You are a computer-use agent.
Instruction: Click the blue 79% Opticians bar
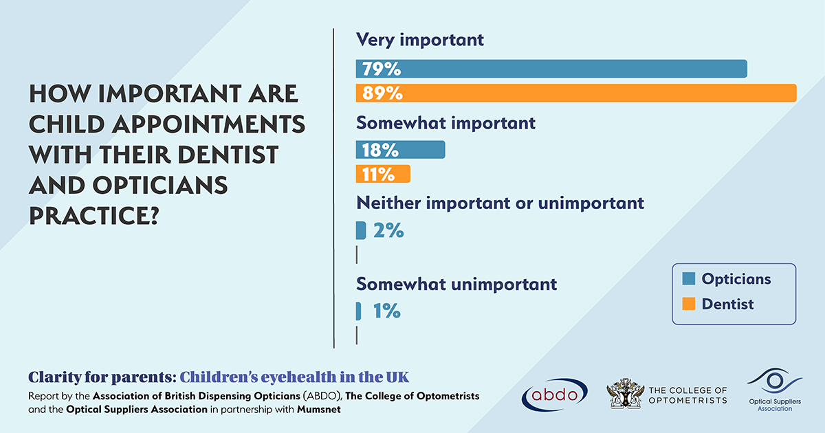[550, 69]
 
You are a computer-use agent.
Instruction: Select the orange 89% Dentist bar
[575, 93]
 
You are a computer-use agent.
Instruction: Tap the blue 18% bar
[400, 150]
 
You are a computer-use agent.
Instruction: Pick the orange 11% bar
[383, 174]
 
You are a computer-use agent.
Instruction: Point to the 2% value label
[388, 231]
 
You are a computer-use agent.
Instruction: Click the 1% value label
[386, 311]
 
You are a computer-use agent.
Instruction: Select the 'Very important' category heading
[419, 40]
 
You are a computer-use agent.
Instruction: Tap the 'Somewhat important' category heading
[445, 124]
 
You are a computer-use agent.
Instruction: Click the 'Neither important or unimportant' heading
[500, 203]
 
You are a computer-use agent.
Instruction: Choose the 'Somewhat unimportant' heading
[456, 284]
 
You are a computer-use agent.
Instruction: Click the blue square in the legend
[688, 279]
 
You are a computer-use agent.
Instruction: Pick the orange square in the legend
[688, 304]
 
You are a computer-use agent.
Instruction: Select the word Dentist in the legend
[727, 304]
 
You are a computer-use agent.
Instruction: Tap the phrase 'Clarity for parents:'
[102, 377]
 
